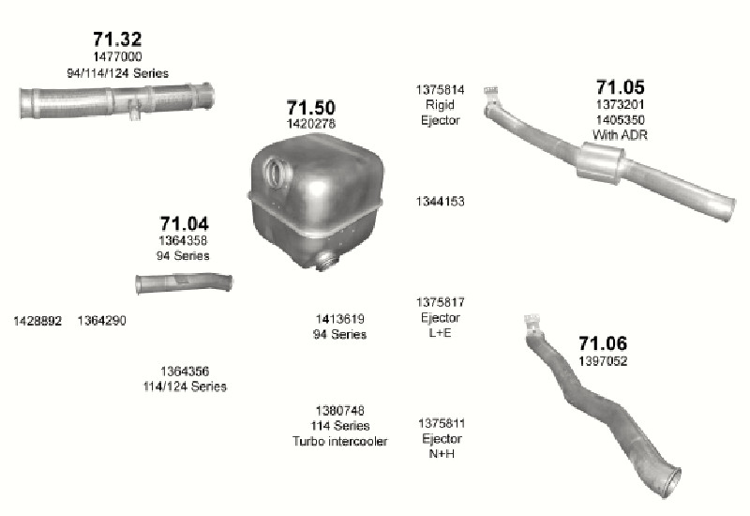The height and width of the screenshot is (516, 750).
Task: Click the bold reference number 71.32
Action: tap(117, 38)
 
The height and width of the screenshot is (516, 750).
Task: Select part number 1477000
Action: tap(117, 56)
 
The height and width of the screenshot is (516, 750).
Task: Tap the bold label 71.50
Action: tap(311, 107)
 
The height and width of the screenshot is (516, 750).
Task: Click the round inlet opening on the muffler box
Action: tap(276, 174)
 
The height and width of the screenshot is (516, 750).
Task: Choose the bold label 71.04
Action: tap(184, 223)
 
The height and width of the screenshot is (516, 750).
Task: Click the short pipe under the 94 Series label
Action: tap(184, 283)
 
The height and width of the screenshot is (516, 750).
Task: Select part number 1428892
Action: tap(37, 321)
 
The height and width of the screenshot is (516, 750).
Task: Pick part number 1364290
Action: tap(102, 321)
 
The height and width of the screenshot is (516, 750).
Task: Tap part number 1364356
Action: tap(185, 371)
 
